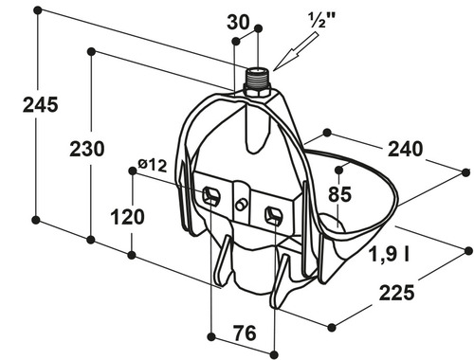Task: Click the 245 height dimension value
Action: coord(41,104)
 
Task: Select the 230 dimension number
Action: coord(87,149)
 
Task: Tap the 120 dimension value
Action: coord(127,217)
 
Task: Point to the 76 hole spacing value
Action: coord(245,333)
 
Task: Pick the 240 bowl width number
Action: coord(405,149)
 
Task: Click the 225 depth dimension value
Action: coord(396,293)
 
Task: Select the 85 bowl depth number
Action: coord(339,194)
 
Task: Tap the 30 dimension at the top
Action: coord(238,23)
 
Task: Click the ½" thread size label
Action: coord(321,20)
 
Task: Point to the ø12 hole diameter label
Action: coord(153,165)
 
